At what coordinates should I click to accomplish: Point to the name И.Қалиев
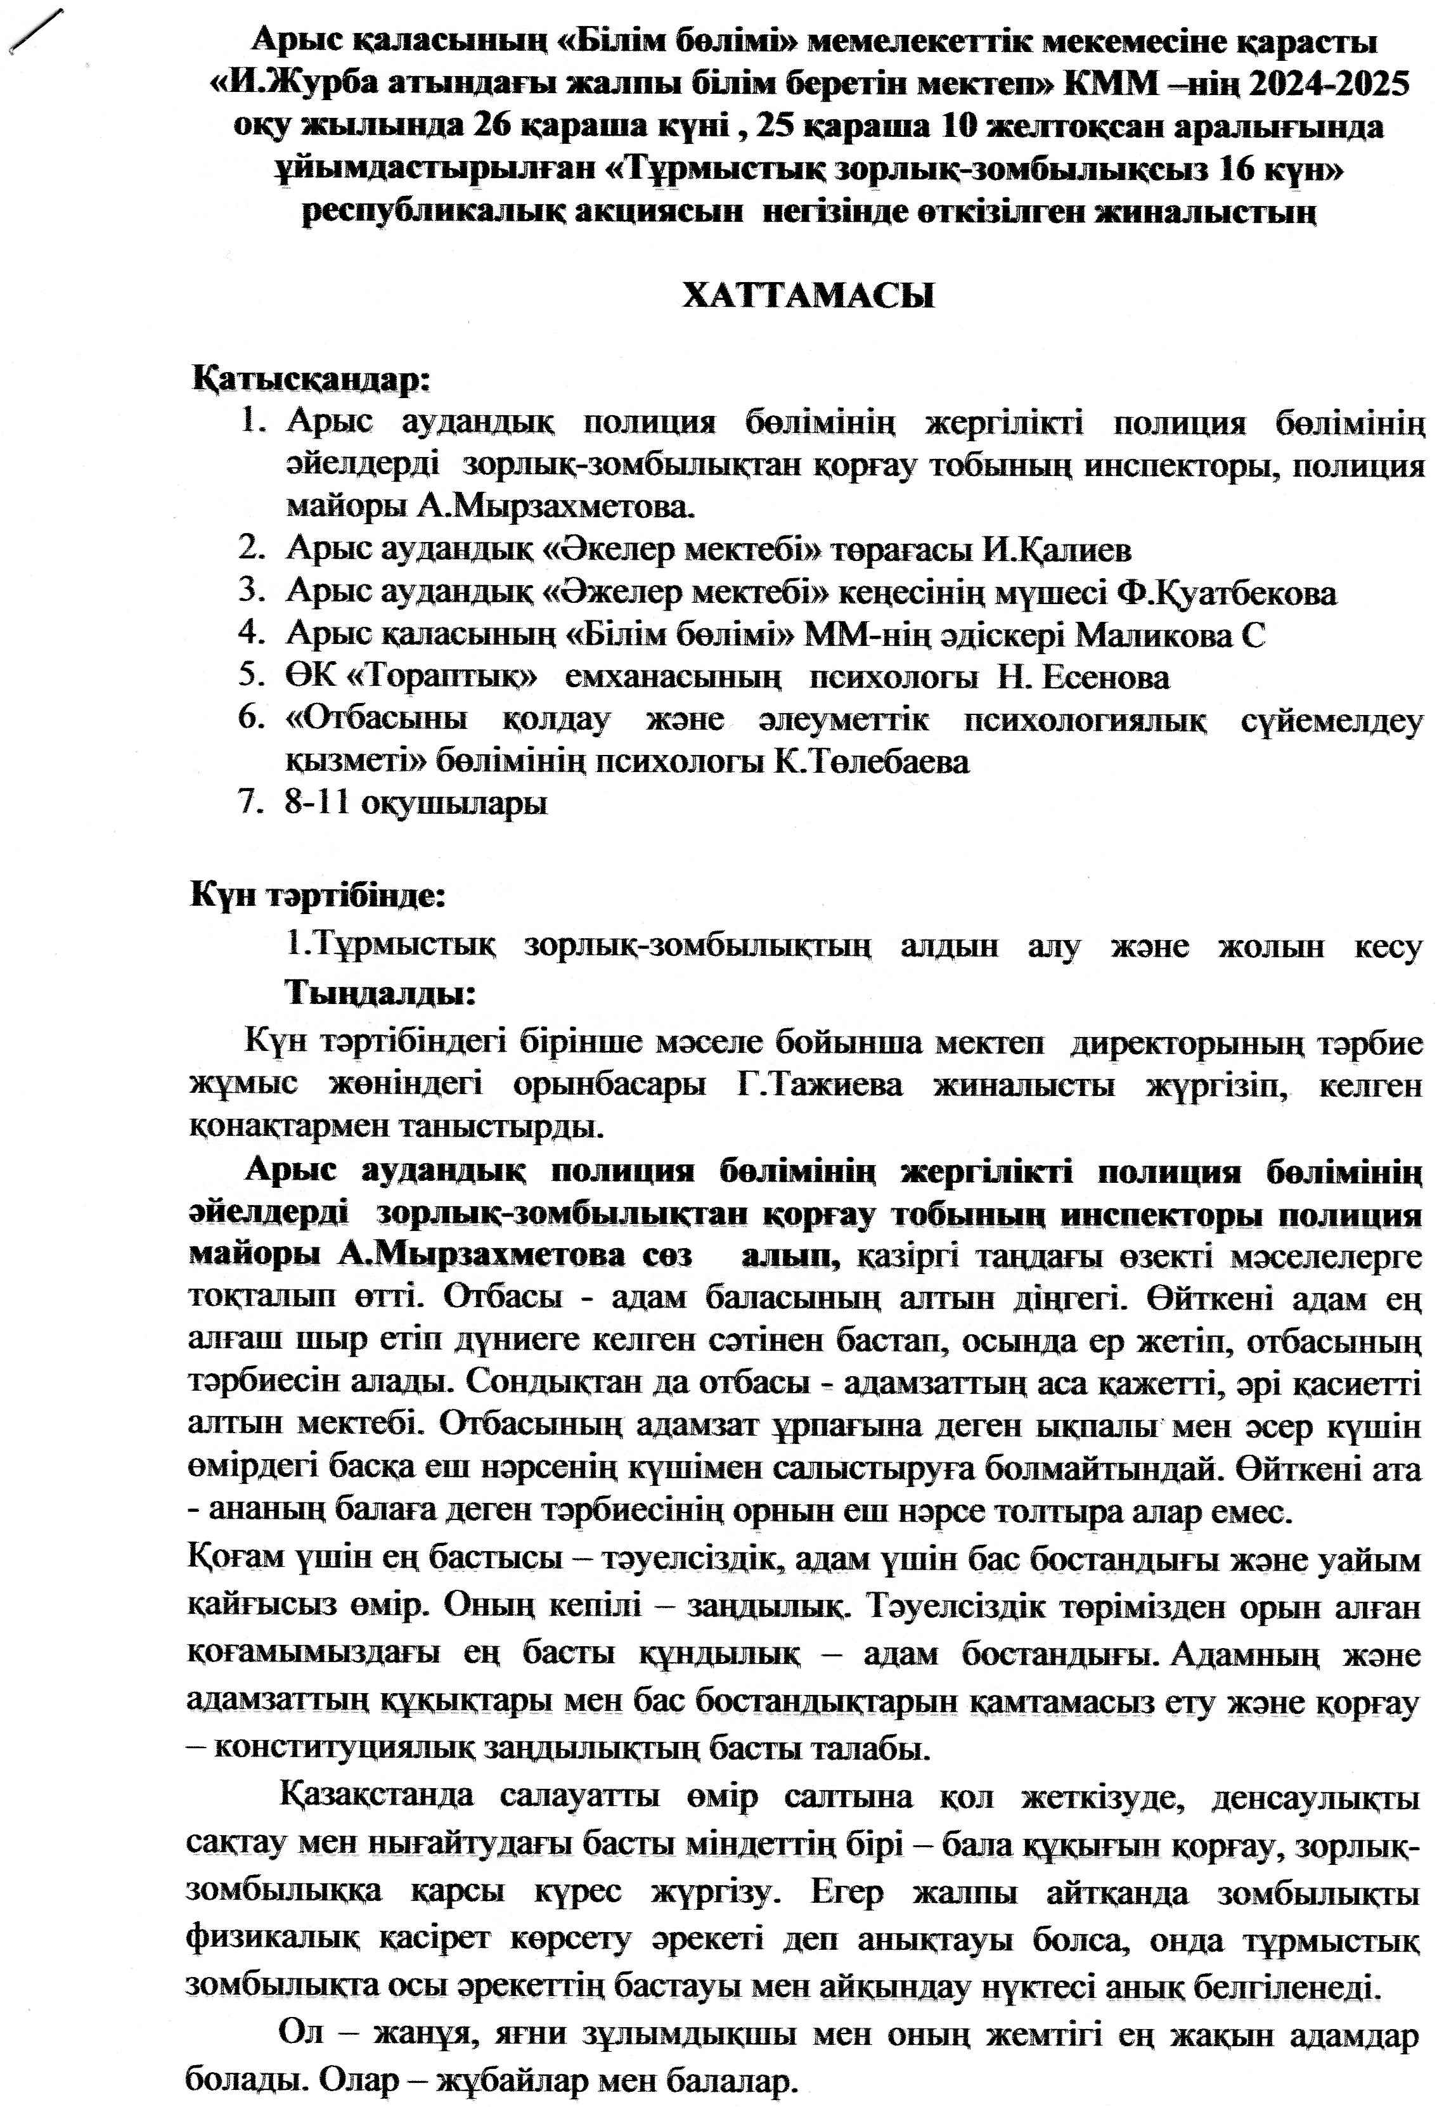click(x=1057, y=550)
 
